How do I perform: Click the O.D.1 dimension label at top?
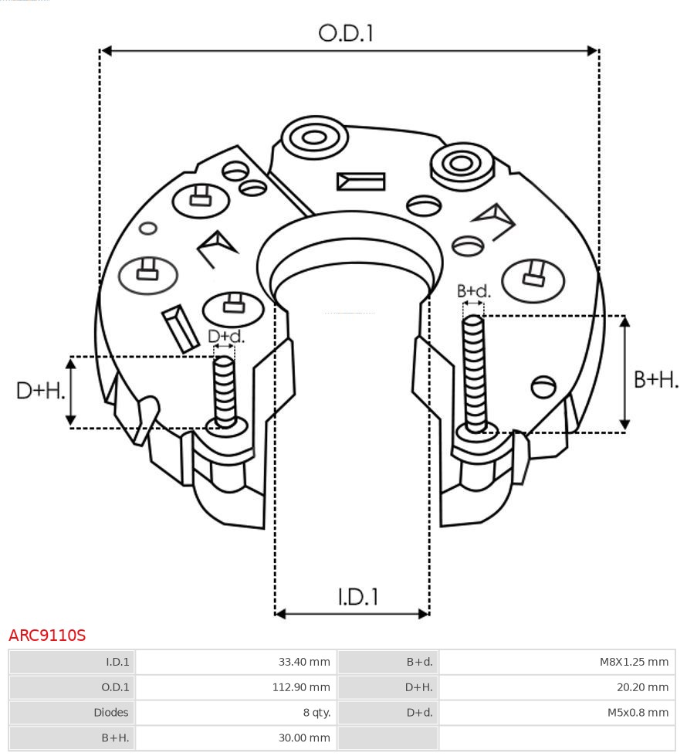346,33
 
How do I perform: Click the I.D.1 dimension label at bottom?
357,597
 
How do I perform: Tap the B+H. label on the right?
655,379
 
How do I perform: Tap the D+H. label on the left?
40,391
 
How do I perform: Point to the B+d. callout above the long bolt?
473,291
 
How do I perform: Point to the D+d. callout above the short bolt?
226,337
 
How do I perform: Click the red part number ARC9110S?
47,636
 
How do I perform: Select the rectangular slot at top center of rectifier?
360,181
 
